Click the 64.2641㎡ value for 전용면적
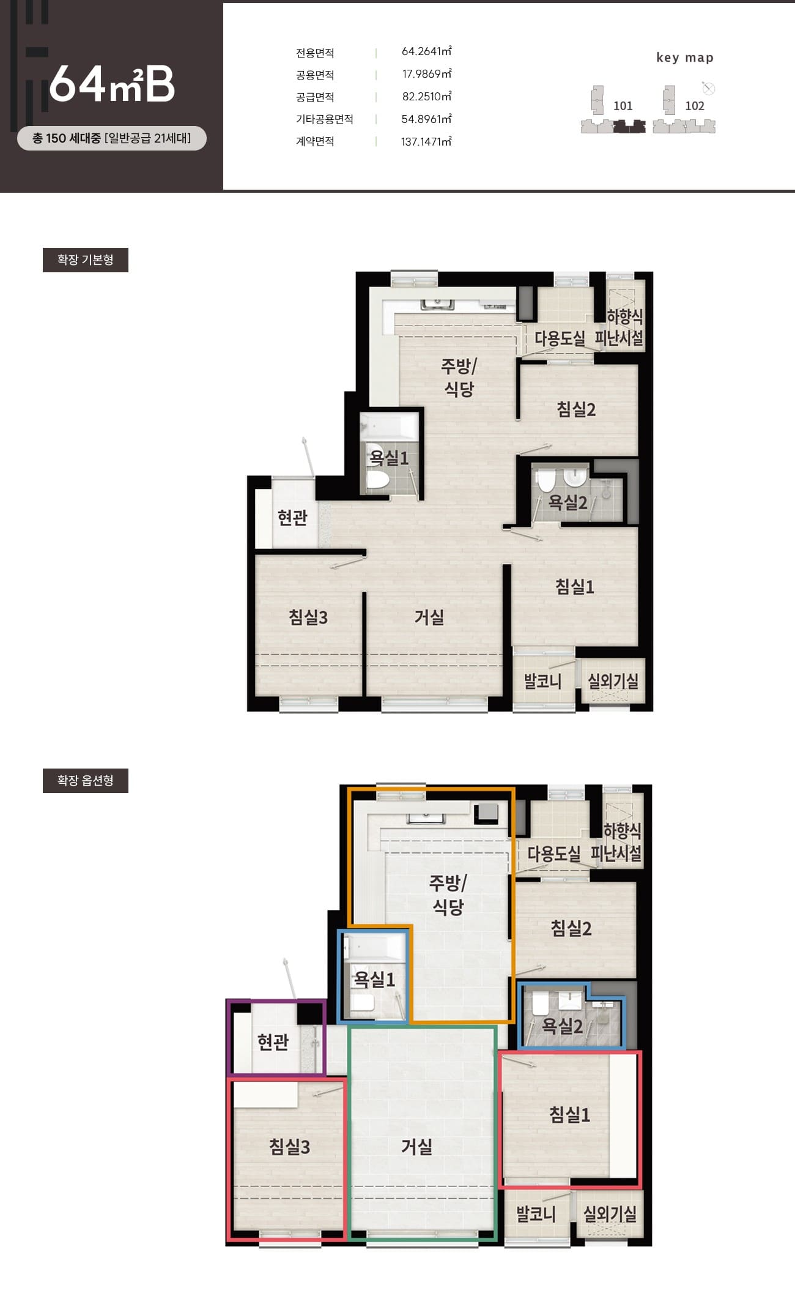(x=426, y=51)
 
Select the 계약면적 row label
(x=315, y=141)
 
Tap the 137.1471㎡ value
(x=426, y=141)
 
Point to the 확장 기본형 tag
(x=86, y=260)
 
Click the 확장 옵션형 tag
(x=86, y=781)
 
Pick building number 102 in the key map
(x=695, y=106)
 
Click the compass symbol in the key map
(x=709, y=89)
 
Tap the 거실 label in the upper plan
(x=429, y=617)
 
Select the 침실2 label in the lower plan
(x=571, y=928)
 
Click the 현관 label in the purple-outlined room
(x=273, y=1041)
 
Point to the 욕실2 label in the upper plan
(x=568, y=502)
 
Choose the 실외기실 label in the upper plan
(x=613, y=681)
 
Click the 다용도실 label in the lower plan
(x=554, y=854)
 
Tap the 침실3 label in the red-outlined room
(x=290, y=1146)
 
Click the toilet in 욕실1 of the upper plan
(x=377, y=479)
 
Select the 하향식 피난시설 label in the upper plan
(x=619, y=327)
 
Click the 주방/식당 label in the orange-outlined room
(x=448, y=895)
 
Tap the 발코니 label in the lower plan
(x=536, y=1213)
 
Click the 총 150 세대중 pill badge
(x=112, y=138)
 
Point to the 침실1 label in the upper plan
(x=575, y=587)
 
